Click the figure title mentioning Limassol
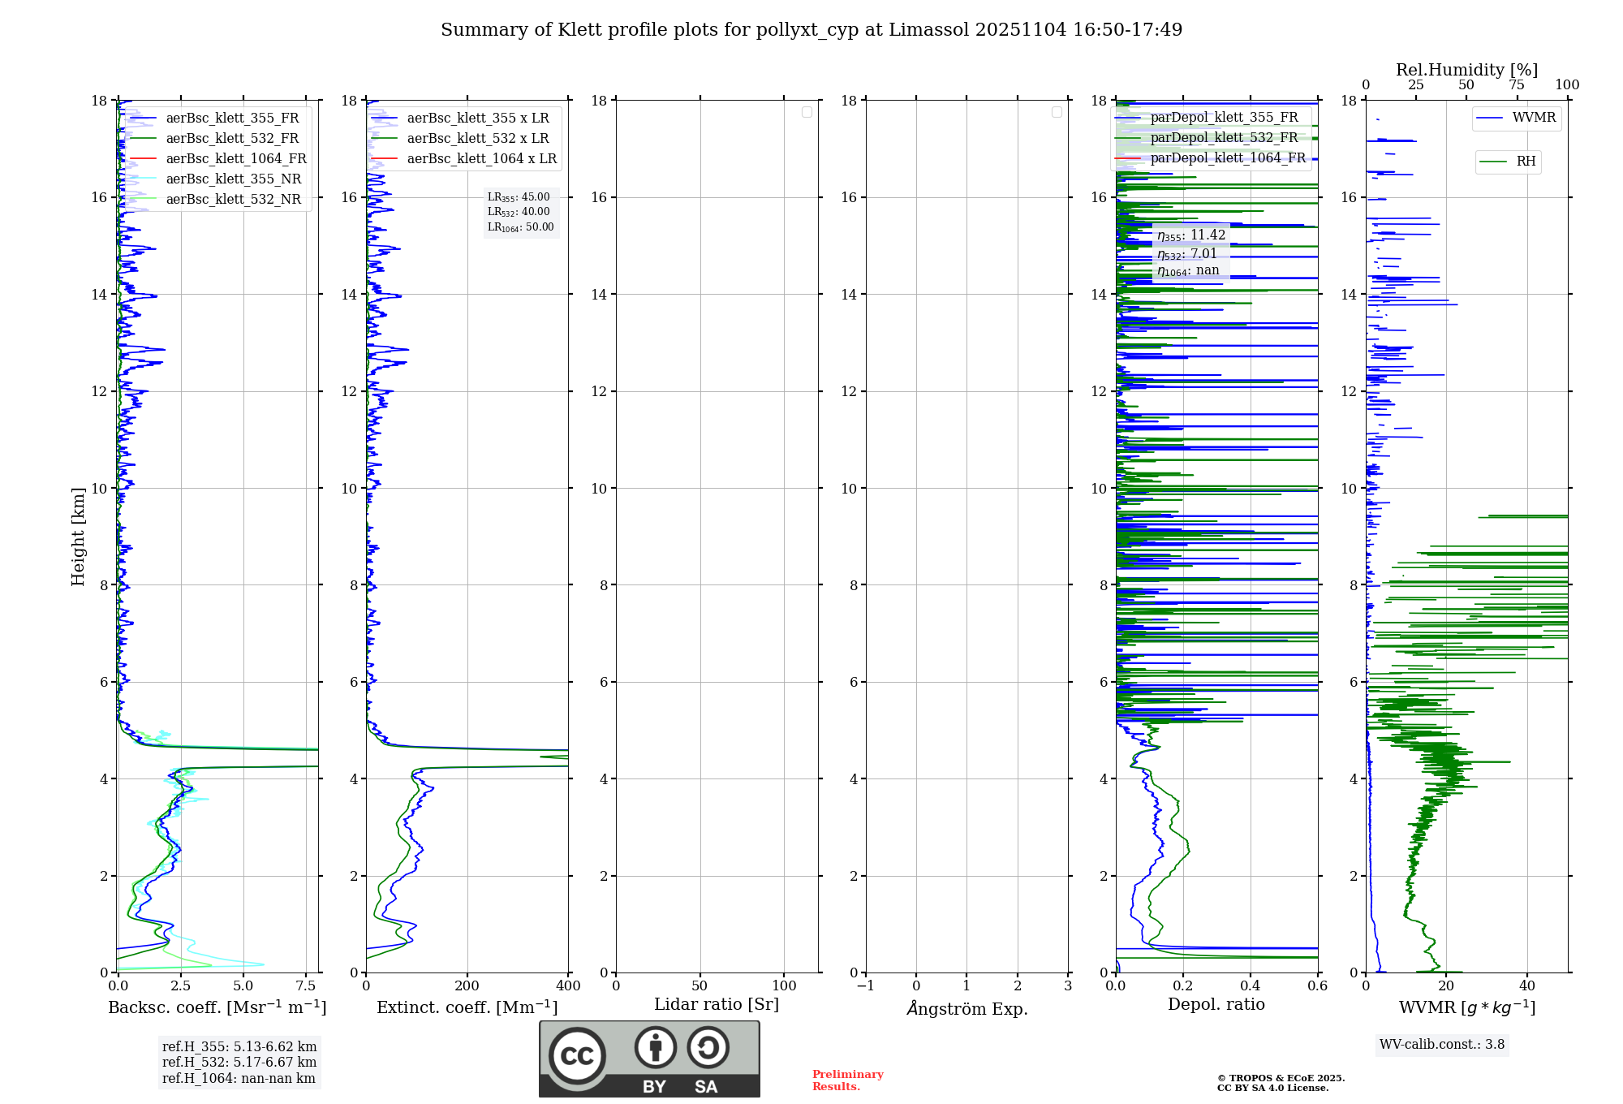coord(811,30)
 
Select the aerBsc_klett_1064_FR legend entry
coord(235,158)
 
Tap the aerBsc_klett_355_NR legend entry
coord(233,179)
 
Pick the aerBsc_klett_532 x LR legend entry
coord(477,138)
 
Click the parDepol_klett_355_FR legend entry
coord(1224,117)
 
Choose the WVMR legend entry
coord(1534,118)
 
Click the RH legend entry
coord(1526,162)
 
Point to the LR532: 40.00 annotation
coord(519,212)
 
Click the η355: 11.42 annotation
coord(1190,235)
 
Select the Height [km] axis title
coord(78,536)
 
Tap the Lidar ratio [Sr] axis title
coord(716,1004)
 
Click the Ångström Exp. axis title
coord(966,1008)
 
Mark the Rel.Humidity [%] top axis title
coord(1466,70)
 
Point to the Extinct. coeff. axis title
coord(467,1007)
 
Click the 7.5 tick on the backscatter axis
coord(306,985)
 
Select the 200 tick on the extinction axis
coord(467,985)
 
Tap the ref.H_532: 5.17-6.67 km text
coord(239,1062)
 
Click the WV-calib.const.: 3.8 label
coord(1442,1045)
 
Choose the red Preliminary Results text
coord(847,1080)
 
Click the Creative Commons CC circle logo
coord(577,1055)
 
